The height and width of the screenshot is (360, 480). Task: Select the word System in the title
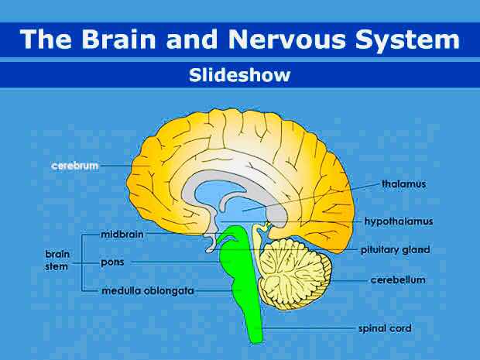pyautogui.click(x=409, y=40)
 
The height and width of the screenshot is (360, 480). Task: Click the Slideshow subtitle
pyautogui.click(x=239, y=75)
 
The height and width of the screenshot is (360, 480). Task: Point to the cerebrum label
pyautogui.click(x=74, y=166)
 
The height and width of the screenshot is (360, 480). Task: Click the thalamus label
pyautogui.click(x=403, y=184)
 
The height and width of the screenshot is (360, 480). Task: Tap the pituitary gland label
pyautogui.click(x=395, y=250)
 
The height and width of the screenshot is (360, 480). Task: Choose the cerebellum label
pyautogui.click(x=398, y=279)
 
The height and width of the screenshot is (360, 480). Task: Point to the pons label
pyautogui.click(x=113, y=262)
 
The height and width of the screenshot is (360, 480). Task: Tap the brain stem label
pyautogui.click(x=56, y=259)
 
